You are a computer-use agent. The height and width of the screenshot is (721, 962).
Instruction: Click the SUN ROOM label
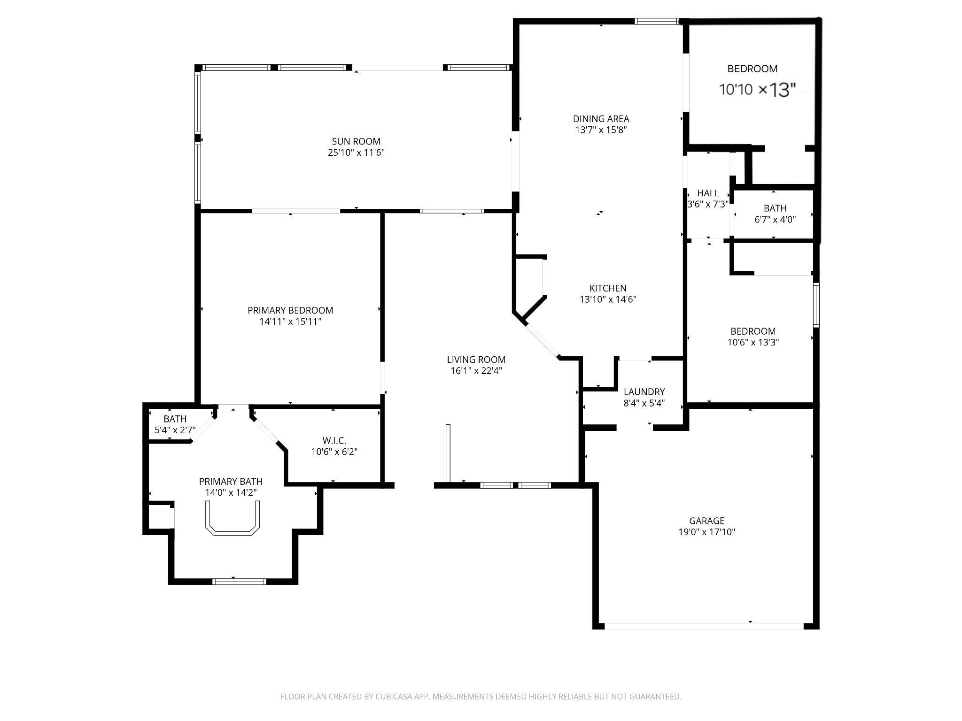click(x=356, y=141)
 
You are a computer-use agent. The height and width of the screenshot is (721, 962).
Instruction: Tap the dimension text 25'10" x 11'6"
click(x=356, y=153)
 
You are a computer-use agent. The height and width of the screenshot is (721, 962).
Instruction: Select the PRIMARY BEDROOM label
click(x=290, y=310)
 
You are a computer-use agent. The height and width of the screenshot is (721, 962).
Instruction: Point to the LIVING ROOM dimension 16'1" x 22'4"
click(x=475, y=371)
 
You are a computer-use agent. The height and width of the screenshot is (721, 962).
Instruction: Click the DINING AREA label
click(x=600, y=119)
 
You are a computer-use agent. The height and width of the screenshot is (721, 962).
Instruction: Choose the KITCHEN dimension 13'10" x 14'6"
click(x=607, y=299)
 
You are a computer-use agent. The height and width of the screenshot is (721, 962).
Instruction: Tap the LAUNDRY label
click(x=644, y=391)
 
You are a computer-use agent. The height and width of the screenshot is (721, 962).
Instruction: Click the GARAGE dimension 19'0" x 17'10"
click(x=706, y=532)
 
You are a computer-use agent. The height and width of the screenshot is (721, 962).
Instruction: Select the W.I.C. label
click(x=334, y=440)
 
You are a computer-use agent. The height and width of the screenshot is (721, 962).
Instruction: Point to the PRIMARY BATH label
click(x=230, y=481)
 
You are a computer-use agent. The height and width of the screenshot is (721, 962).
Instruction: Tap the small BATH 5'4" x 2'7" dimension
click(x=175, y=430)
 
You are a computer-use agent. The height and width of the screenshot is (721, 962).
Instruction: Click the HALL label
click(x=707, y=193)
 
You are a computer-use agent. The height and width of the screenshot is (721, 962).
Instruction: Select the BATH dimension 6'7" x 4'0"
click(x=775, y=219)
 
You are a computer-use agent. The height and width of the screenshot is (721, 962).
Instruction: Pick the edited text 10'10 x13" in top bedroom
click(x=757, y=90)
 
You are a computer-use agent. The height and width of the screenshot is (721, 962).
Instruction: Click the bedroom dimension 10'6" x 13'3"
click(x=753, y=342)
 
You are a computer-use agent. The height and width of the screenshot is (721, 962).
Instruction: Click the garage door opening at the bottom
click(x=703, y=626)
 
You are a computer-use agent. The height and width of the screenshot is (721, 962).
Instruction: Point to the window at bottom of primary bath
click(x=239, y=582)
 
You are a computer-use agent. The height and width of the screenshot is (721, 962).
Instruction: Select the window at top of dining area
click(x=656, y=21)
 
